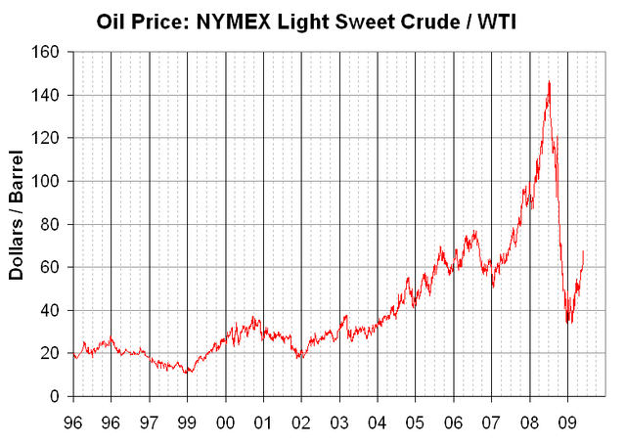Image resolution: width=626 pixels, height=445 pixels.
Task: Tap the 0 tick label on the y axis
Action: coord(56,396)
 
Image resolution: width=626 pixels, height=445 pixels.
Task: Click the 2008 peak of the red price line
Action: coord(549,82)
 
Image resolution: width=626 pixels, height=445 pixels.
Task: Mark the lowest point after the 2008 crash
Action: coord(568,323)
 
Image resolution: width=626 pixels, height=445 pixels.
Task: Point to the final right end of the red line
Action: coord(584,252)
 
